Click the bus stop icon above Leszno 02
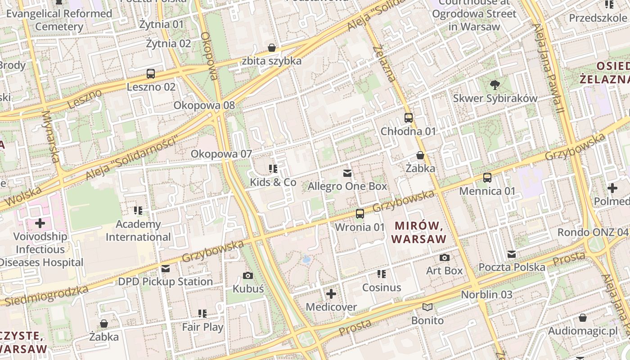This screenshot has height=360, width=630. (151, 73)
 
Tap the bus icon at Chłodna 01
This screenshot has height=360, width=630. (409, 118)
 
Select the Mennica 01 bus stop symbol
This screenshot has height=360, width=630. (487, 178)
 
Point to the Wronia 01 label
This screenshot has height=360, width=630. (360, 227)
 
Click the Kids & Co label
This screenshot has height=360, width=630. (273, 182)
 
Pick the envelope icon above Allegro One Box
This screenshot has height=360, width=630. (347, 173)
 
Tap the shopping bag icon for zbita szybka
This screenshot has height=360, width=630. (272, 48)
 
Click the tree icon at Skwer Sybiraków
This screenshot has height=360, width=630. (495, 85)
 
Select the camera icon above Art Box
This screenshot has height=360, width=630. (445, 257)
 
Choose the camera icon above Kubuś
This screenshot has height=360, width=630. (248, 275)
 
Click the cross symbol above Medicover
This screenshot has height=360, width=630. (331, 294)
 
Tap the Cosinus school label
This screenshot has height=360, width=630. (382, 287)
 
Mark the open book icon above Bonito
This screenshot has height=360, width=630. (427, 307)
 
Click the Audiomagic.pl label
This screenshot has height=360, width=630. (583, 332)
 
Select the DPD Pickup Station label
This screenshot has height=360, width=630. (166, 282)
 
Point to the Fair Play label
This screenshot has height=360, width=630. (202, 327)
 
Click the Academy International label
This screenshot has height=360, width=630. (138, 230)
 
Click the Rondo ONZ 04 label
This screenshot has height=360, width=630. (593, 232)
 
